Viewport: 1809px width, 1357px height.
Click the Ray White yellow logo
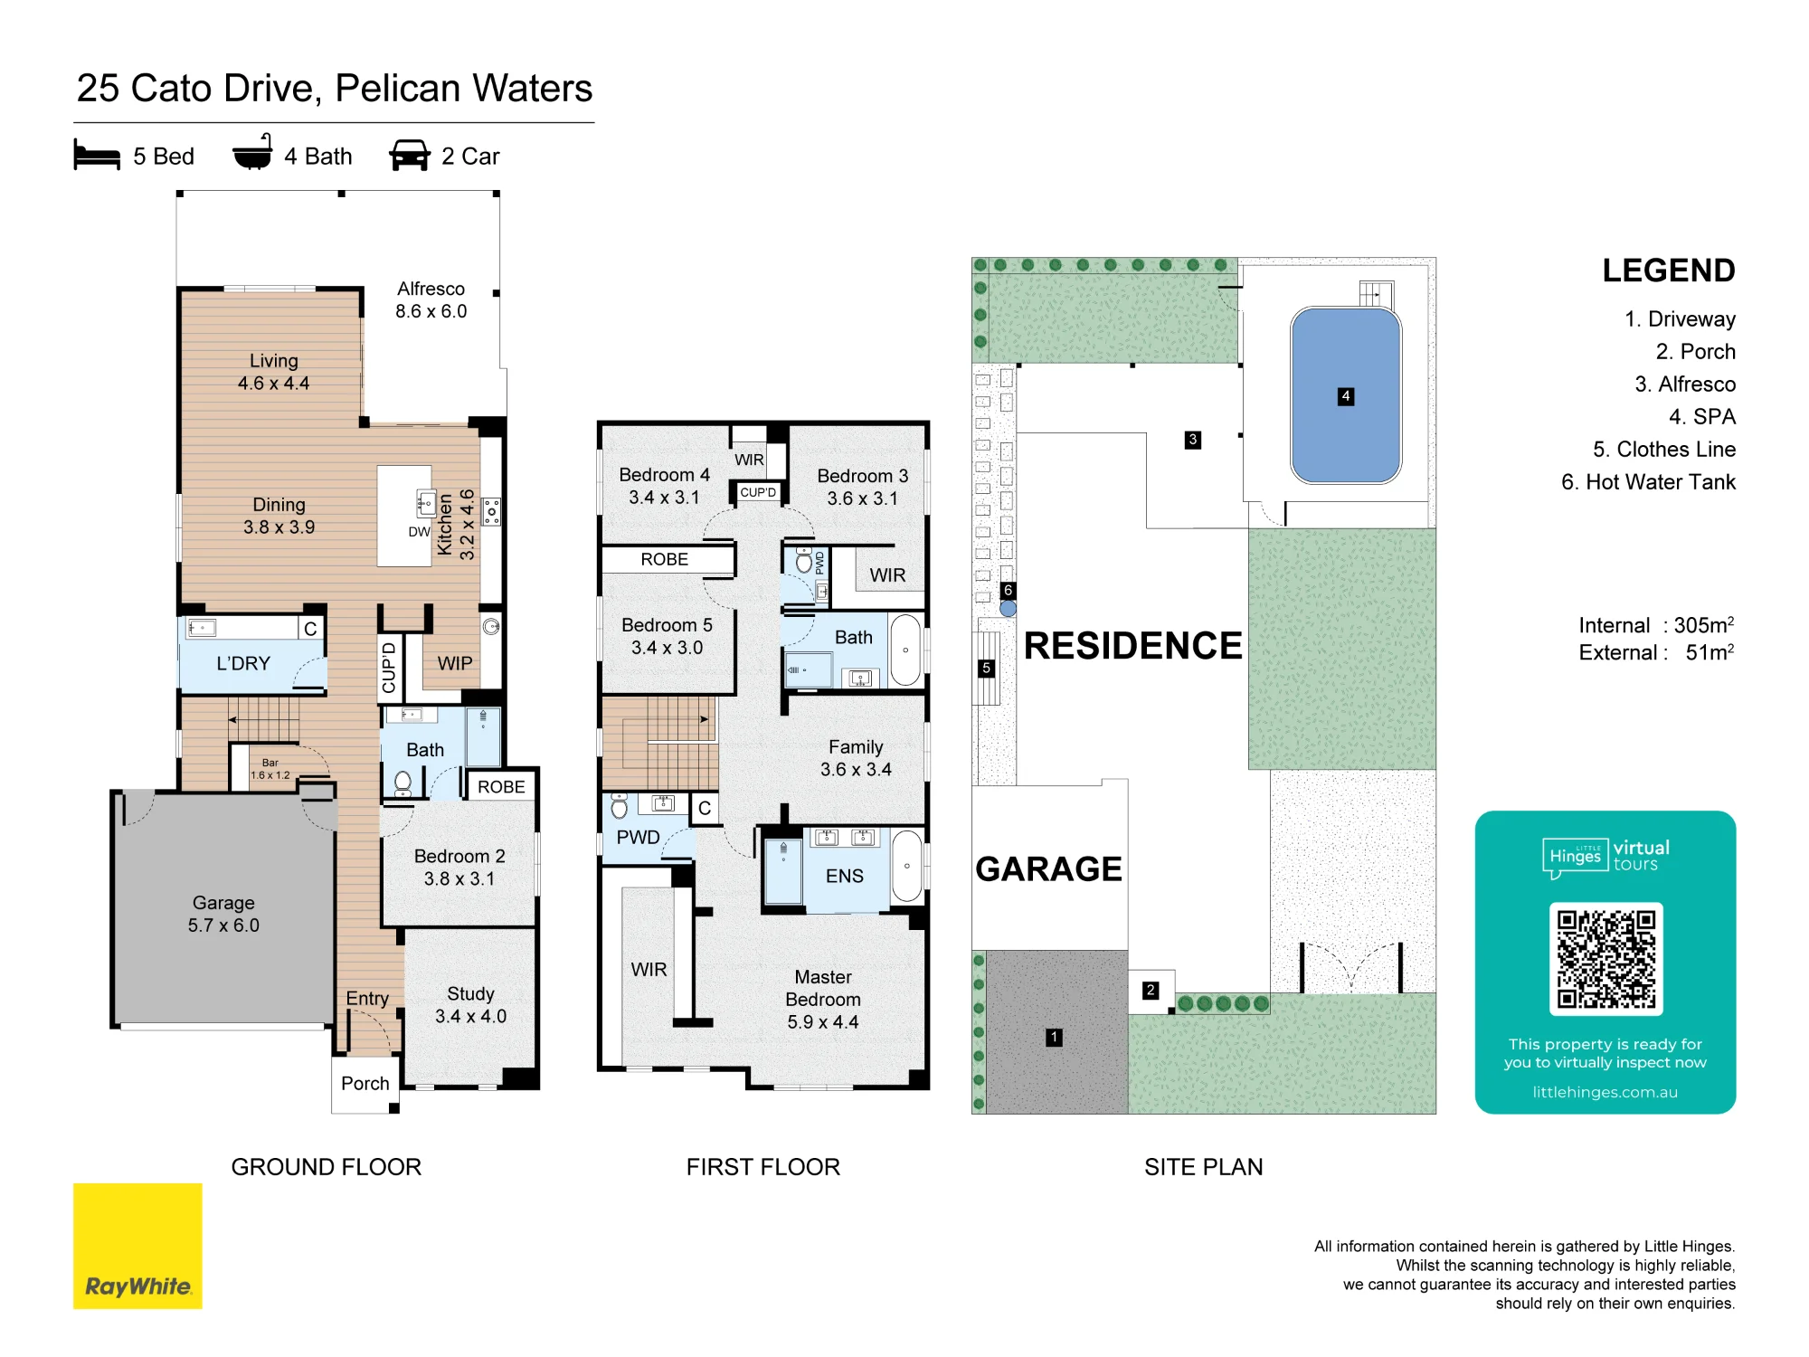click(137, 1246)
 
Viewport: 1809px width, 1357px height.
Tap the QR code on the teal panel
click(1605, 959)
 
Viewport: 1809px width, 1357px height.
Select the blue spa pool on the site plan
click(1346, 395)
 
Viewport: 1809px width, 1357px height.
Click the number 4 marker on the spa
click(1346, 396)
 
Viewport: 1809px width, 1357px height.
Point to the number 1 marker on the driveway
click(1054, 1038)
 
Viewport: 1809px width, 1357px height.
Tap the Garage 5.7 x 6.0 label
click(223, 914)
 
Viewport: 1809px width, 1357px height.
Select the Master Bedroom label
click(823, 1000)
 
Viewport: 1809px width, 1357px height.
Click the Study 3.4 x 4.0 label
click(470, 1005)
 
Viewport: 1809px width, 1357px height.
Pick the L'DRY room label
click(243, 663)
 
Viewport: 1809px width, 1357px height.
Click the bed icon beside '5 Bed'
click(97, 155)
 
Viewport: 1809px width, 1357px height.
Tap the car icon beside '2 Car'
click(410, 155)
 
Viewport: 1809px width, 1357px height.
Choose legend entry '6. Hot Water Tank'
click(1648, 482)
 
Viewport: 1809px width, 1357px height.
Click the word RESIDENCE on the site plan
click(1133, 646)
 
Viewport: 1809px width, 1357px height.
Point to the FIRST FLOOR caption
click(763, 1167)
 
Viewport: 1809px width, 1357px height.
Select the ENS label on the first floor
click(845, 876)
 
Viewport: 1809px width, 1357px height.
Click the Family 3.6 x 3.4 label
click(856, 758)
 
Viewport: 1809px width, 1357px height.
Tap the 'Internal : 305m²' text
click(1656, 624)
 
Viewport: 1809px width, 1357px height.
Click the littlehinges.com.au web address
click(1605, 1092)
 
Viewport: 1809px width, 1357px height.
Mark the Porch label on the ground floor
click(365, 1084)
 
